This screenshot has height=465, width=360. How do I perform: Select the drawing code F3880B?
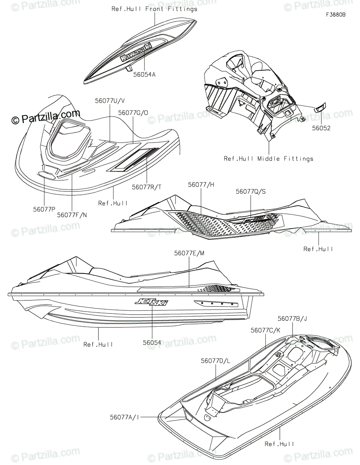tap(336, 15)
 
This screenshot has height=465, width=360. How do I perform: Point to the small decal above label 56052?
tap(320, 108)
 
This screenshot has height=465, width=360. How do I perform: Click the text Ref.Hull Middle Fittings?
tap(274, 158)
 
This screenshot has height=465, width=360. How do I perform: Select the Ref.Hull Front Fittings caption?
tap(154, 9)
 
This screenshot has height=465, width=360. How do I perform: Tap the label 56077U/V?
tap(110, 100)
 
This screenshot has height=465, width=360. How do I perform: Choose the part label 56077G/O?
tap(133, 112)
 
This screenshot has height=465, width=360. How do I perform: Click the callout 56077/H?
tap(201, 185)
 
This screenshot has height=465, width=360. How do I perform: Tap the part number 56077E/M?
tap(189, 253)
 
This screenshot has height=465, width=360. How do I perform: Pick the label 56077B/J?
tap(292, 319)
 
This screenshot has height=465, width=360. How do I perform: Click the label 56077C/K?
tap(265, 331)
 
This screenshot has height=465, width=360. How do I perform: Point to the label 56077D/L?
tap(215, 360)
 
